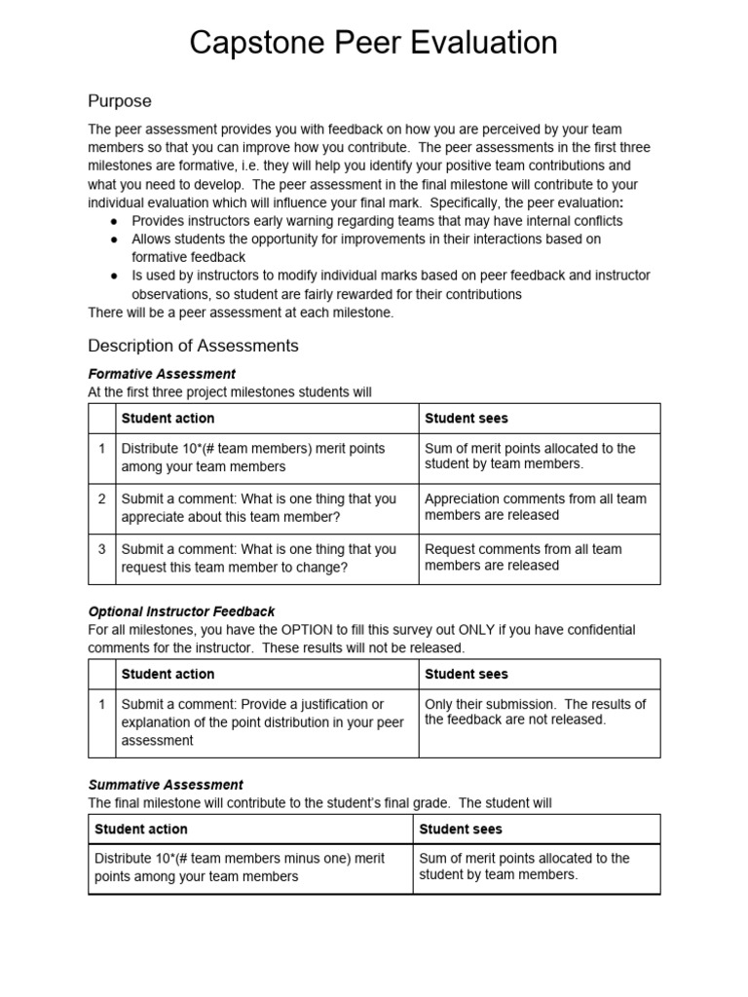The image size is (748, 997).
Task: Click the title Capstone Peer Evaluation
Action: pos(373,44)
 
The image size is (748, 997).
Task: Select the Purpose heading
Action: pos(120,101)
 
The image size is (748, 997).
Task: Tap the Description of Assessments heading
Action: pos(193,346)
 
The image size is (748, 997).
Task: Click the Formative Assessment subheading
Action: pos(162,374)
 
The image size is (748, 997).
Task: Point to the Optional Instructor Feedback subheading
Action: pos(181,611)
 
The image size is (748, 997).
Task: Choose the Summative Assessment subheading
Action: pos(166,785)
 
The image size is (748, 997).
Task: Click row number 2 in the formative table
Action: pos(101,498)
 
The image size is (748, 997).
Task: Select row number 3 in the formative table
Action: pos(101,549)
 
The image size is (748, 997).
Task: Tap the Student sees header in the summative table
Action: pos(461,830)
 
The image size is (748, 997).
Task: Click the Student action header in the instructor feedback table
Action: pos(168,674)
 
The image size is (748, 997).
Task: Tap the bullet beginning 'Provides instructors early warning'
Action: pos(376,221)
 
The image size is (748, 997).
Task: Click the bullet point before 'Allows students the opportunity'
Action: pos(113,240)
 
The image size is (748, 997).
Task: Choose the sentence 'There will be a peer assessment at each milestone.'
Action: pos(242,312)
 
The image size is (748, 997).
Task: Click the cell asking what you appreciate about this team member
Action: pos(258,507)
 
